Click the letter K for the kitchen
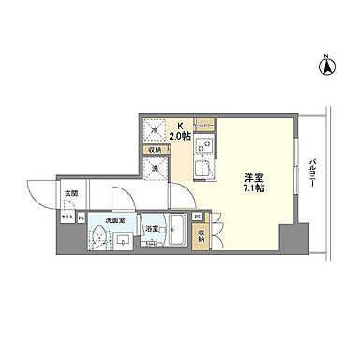pyautogui.click(x=182, y=122)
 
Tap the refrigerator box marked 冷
pyautogui.click(x=155, y=130)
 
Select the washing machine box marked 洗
pyautogui.click(x=157, y=168)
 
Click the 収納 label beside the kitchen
pyautogui.click(x=155, y=149)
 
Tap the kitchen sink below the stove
pyautogui.click(x=202, y=170)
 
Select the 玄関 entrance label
pyautogui.click(x=69, y=194)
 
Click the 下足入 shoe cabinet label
pyautogui.click(x=66, y=217)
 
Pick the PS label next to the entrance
pyautogui.click(x=81, y=217)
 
